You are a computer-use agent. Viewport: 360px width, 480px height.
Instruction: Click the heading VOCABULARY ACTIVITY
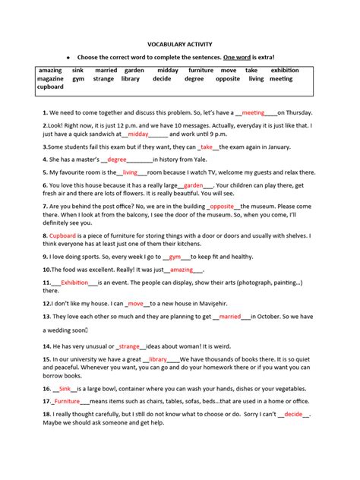pos(179,45)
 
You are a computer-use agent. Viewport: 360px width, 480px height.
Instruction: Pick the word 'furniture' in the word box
pos(201,70)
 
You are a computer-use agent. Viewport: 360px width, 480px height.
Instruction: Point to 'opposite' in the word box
pos(228,78)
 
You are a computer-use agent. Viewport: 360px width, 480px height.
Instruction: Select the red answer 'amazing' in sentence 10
pos(182,269)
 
